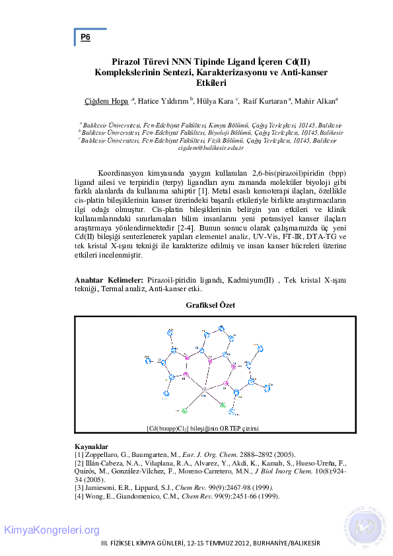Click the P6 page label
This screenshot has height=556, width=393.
click(x=85, y=38)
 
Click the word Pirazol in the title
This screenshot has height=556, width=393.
click(x=127, y=59)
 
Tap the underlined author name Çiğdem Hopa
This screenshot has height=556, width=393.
click(x=107, y=101)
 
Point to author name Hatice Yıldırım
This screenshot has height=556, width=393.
click(x=163, y=101)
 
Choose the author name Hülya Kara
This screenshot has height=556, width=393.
click(x=215, y=101)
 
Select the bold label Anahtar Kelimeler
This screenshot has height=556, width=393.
click(x=109, y=281)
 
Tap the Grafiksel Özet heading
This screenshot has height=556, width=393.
click(x=210, y=305)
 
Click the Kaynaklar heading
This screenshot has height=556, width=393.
click(x=92, y=447)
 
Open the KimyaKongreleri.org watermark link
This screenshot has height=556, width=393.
click(x=52, y=530)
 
